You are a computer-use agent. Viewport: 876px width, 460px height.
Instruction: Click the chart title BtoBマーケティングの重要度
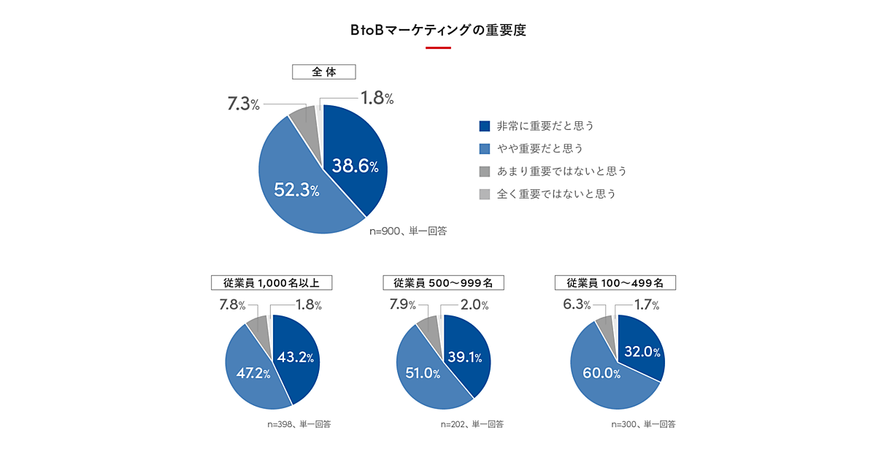(x=438, y=31)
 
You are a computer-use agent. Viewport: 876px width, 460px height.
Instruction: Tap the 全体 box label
(x=323, y=72)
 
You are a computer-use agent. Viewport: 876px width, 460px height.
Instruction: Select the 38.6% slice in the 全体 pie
(x=355, y=166)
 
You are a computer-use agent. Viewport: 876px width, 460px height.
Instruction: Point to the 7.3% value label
(x=243, y=104)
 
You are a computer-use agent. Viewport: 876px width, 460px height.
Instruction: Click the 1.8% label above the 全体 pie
(x=377, y=98)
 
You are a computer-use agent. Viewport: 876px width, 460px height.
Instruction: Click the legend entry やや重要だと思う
(x=531, y=148)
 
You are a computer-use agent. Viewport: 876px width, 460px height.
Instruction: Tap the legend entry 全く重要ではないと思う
(x=547, y=193)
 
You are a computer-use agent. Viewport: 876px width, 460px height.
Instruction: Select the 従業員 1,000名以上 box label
(x=272, y=283)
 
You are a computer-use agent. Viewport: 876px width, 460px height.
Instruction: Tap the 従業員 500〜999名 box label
(x=444, y=283)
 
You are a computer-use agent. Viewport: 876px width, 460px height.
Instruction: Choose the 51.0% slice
(x=423, y=374)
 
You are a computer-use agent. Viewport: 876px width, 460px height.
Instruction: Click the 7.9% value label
(x=402, y=304)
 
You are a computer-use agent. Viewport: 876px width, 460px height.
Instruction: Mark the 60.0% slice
(x=602, y=374)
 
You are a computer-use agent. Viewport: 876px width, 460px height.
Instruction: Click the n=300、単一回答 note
(x=643, y=423)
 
